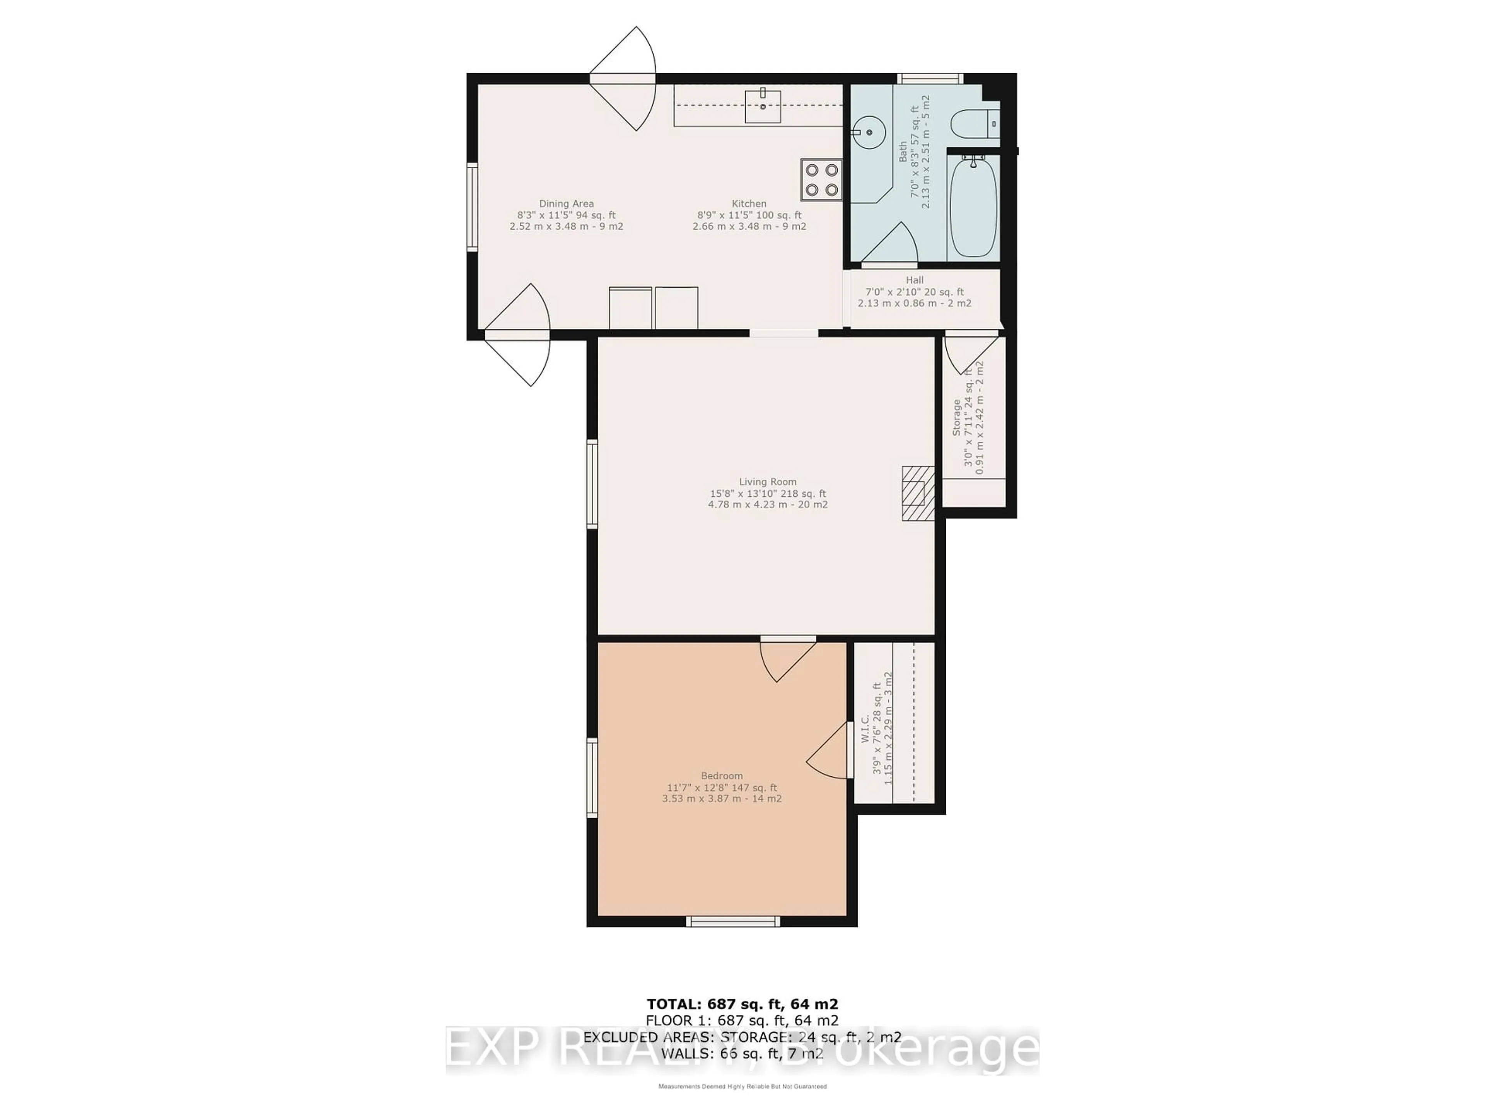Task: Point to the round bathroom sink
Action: click(869, 132)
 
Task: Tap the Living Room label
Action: click(767, 482)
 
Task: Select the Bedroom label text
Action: click(722, 776)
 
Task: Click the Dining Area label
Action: click(566, 203)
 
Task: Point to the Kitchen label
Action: click(749, 203)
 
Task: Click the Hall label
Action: click(914, 280)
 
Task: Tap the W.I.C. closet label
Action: click(865, 729)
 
